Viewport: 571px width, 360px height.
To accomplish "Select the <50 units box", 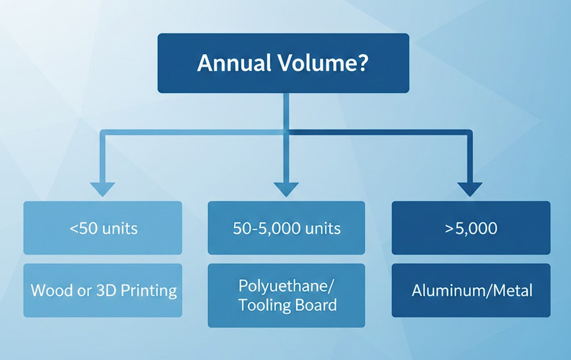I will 103,228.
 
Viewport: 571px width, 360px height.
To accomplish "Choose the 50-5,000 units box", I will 286,228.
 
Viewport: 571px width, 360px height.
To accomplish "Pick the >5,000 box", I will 471,228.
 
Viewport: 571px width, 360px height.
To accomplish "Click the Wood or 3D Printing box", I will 103,291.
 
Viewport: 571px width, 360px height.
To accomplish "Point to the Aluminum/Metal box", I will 471,291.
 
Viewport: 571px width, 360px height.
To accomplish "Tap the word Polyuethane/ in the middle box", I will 287,286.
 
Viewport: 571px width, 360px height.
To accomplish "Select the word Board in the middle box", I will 316,305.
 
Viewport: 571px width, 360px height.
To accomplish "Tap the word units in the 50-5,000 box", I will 322,229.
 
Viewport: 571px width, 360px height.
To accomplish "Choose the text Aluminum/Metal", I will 472,291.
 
